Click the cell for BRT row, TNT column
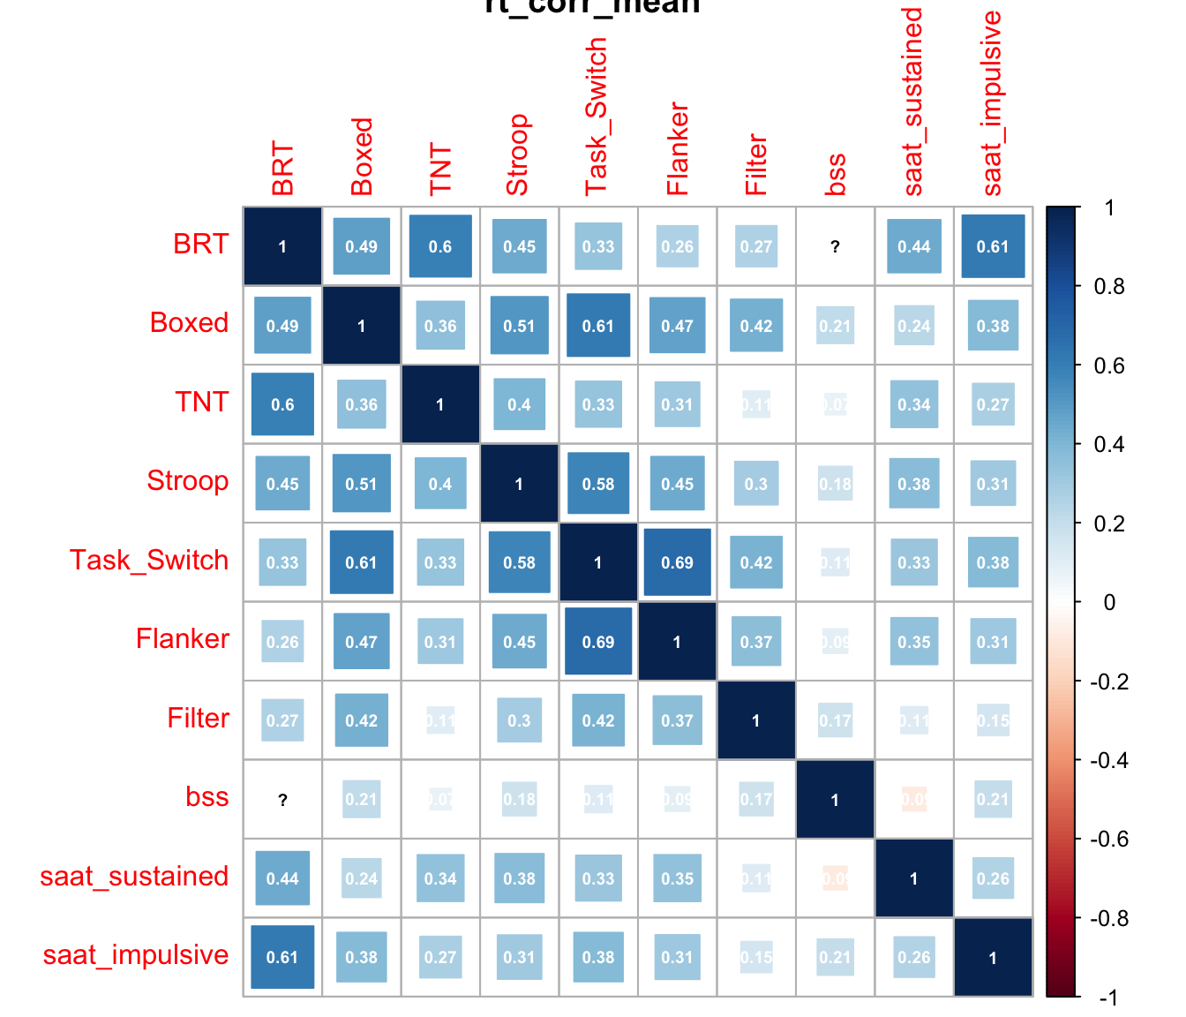point(440,246)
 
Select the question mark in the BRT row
point(835,246)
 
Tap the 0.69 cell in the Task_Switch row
point(677,562)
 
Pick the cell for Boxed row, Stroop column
point(519,326)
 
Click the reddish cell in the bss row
point(913,800)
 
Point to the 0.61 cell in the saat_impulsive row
point(282,957)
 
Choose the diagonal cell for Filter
point(755,720)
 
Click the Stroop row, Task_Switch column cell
point(597,484)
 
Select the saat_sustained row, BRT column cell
point(282,878)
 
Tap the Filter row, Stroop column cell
point(519,720)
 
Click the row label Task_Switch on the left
point(149,560)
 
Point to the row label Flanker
point(183,638)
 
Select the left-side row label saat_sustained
point(134,876)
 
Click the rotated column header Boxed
point(362,156)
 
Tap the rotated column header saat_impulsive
point(993,103)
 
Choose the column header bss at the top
point(835,174)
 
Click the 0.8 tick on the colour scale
point(1109,286)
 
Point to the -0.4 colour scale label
point(1109,760)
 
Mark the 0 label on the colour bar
point(1109,602)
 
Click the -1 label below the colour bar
point(1109,998)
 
